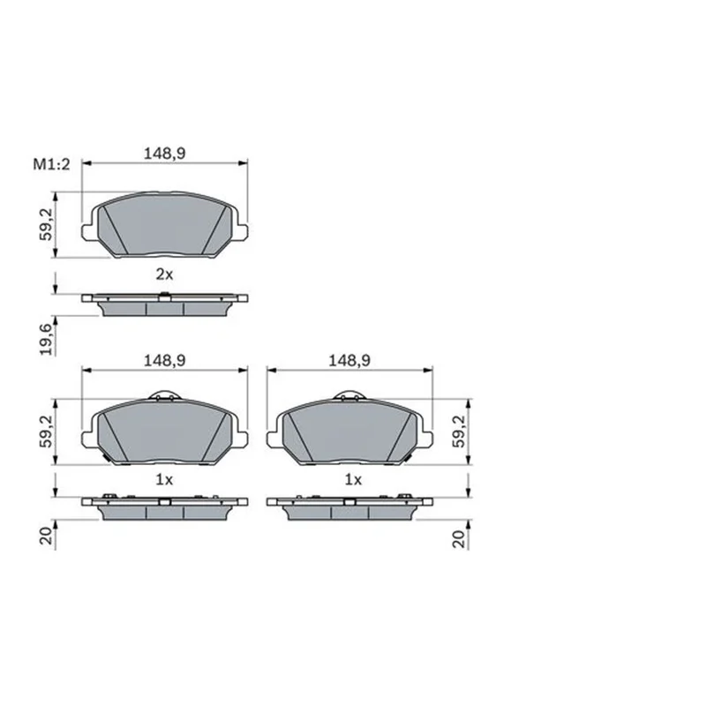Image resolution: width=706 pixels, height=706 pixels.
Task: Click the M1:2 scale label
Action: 52,164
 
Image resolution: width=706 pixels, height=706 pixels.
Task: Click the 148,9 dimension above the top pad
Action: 164,154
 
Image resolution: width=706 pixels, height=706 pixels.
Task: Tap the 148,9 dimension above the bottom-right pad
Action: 349,360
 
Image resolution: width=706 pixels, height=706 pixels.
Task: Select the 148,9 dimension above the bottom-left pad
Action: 164,360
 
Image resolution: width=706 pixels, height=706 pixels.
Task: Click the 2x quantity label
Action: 164,274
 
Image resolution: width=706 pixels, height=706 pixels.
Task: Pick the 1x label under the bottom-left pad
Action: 164,480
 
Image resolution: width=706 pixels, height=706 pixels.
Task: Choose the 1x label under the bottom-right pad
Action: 354,480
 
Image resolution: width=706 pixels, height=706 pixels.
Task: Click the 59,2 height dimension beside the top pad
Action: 47,224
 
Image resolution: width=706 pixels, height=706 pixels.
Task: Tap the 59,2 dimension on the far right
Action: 459,432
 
